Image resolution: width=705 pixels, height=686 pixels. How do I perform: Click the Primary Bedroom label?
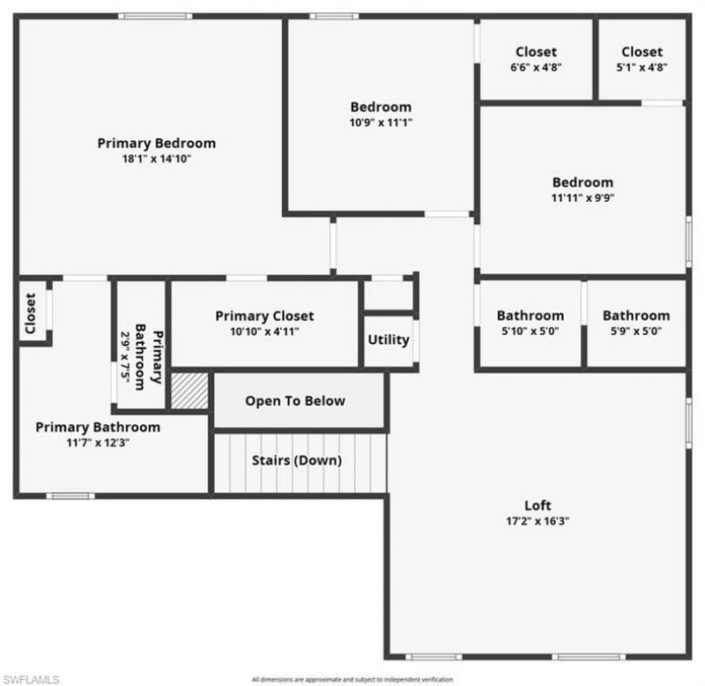156,143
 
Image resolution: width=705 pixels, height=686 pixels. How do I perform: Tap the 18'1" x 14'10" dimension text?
156,159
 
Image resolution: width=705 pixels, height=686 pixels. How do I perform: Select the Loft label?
538,505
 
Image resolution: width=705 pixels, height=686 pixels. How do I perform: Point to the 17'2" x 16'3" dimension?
538,521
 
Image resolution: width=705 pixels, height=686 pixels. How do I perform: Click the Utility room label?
388,339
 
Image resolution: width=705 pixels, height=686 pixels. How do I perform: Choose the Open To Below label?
295,401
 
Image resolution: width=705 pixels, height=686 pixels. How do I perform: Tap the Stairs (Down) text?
297,460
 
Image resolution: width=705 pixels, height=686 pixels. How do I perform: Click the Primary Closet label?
264,316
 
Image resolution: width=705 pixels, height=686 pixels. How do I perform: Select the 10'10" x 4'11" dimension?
264,332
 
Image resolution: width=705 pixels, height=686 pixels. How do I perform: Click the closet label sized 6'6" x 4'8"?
536,52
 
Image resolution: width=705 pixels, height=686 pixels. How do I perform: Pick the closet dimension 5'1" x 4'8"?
642,67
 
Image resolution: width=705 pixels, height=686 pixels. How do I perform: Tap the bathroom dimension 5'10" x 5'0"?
530,332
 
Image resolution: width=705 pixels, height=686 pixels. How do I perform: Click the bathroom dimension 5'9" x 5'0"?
635,332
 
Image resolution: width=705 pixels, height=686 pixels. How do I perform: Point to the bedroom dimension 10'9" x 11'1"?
381,123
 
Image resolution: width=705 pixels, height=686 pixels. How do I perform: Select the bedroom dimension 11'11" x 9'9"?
583,198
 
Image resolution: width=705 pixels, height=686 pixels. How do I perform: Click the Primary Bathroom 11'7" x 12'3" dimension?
98,443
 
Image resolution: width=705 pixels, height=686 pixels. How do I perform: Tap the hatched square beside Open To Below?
189,391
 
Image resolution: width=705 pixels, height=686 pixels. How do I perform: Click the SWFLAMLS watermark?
31,679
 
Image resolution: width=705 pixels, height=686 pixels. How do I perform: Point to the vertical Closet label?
30,313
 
